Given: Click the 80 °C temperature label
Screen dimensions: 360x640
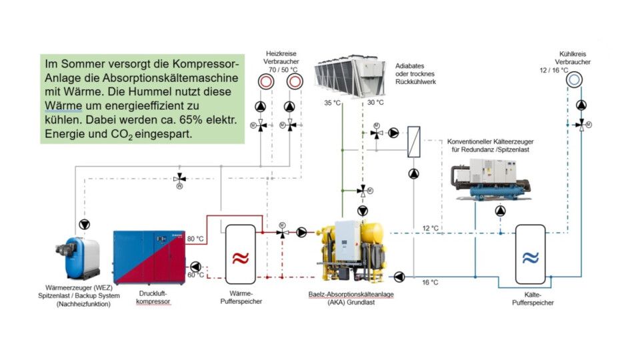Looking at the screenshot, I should pyautogui.click(x=195, y=239).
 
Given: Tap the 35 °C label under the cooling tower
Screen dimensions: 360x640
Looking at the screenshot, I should pyautogui.click(x=332, y=103).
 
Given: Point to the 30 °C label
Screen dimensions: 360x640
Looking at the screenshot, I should pyautogui.click(x=375, y=103).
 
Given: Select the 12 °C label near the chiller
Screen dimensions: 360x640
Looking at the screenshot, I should pyautogui.click(x=431, y=229).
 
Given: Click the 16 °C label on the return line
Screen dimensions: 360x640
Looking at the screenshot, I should pyautogui.click(x=431, y=283).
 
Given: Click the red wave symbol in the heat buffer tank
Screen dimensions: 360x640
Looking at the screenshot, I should pyautogui.click(x=241, y=258).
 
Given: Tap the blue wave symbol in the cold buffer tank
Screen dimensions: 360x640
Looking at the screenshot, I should pyautogui.click(x=530, y=257).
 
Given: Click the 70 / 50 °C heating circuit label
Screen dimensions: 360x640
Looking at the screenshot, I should pyautogui.click(x=283, y=69).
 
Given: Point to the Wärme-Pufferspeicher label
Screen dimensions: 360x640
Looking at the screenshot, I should pyautogui.click(x=241, y=297).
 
